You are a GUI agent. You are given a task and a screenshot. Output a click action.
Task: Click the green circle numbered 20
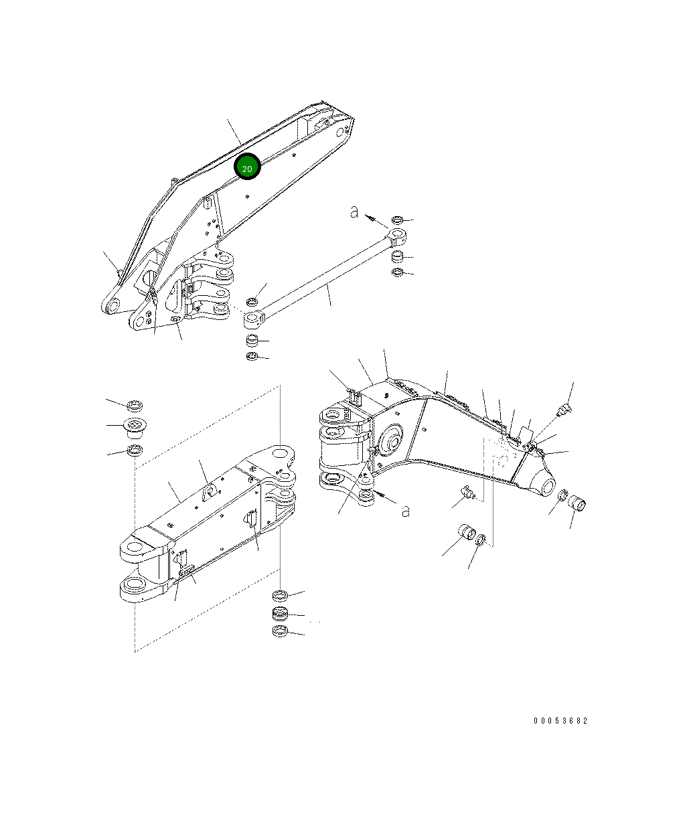(x=247, y=169)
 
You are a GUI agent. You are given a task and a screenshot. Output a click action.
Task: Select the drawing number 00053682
(x=560, y=721)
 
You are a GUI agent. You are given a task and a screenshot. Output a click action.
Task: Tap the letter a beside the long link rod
(x=355, y=213)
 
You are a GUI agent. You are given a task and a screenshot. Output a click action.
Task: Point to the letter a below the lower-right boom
(x=405, y=511)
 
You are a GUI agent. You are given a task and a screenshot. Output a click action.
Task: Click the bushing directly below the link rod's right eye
(x=397, y=257)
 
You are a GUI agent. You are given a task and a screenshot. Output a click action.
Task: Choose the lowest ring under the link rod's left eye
(x=252, y=357)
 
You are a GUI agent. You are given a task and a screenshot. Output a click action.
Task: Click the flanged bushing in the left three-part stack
(x=135, y=426)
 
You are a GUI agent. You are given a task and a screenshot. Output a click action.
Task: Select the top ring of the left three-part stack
(x=135, y=405)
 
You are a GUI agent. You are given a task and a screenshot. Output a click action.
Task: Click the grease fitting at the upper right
(x=566, y=408)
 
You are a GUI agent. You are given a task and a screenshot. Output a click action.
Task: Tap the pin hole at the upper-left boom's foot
(x=113, y=306)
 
